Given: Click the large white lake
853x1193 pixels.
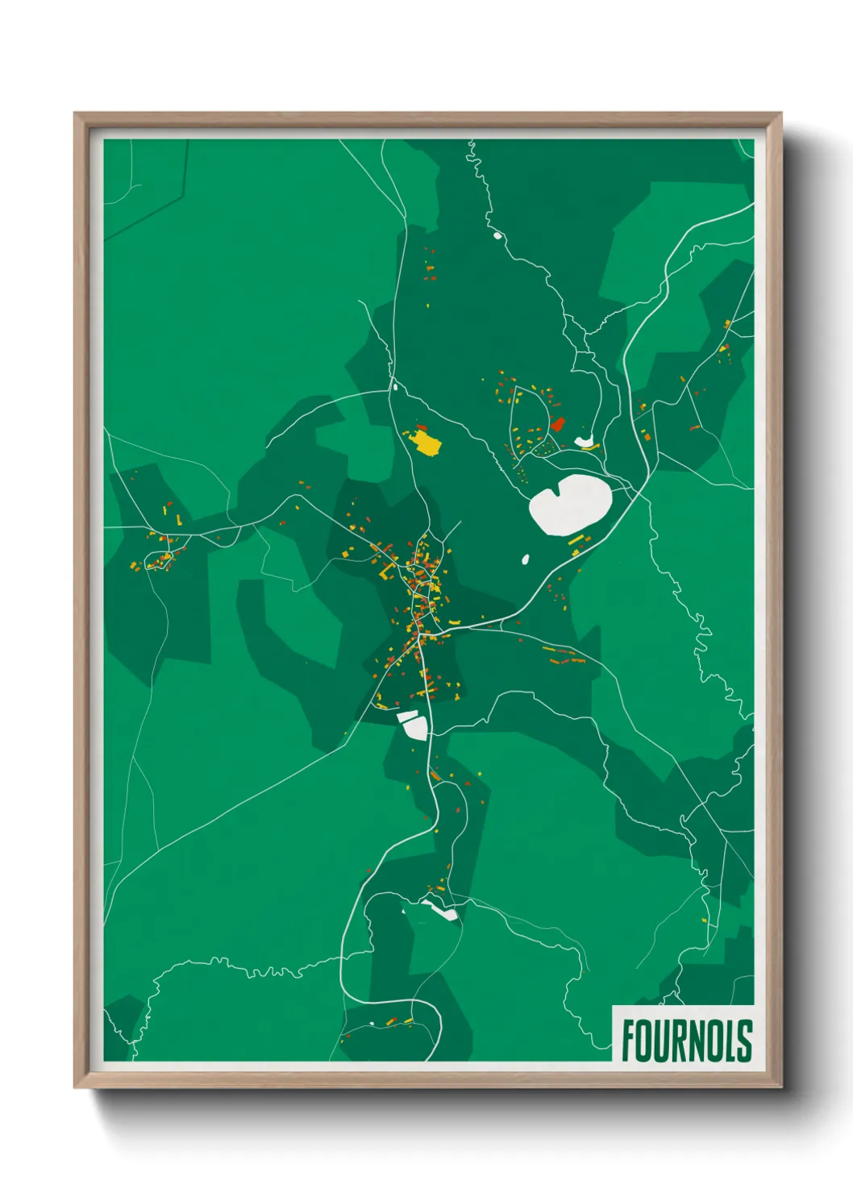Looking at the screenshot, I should tap(569, 504).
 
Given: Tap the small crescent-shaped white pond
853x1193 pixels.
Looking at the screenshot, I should tap(585, 442).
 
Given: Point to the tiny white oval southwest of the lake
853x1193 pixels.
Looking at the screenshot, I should tap(526, 559).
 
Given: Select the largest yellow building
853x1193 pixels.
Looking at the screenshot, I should tap(426, 442).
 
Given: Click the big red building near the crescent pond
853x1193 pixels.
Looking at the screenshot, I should tap(557, 424).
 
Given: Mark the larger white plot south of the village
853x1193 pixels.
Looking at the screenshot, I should tap(415, 728).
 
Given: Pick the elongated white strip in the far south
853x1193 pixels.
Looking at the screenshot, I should tap(441, 911).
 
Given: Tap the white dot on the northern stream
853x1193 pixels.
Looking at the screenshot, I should tap(497, 236).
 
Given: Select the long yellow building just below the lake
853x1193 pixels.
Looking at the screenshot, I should tap(576, 541).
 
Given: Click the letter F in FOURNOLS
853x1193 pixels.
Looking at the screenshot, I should tap(629, 1041).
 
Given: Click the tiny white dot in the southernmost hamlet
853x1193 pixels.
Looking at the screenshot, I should tap(372, 1024).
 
